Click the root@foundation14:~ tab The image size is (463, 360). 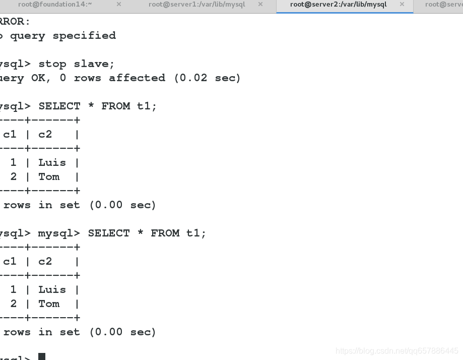click(x=55, y=5)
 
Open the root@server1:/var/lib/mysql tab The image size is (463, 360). click(x=196, y=5)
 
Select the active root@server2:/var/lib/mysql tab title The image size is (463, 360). click(x=339, y=5)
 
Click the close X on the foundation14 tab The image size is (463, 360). click(x=119, y=5)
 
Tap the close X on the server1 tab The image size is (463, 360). click(x=260, y=5)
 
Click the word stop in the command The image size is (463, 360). click(x=52, y=64)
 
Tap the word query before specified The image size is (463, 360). click(x=28, y=36)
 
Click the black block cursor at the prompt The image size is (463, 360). click(x=42, y=356)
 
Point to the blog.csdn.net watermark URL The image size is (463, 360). click(x=397, y=351)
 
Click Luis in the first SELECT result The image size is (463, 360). click(x=52, y=163)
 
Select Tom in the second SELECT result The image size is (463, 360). click(x=49, y=304)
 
